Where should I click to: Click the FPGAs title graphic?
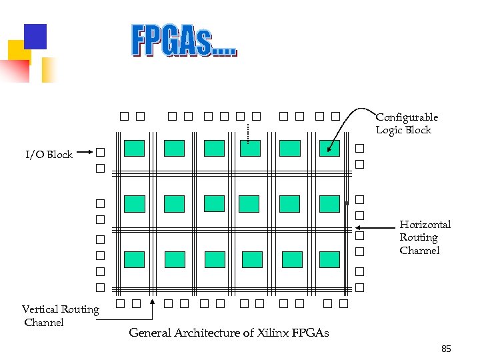[183, 41]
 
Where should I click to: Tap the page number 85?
[447, 349]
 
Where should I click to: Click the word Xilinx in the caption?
[271, 333]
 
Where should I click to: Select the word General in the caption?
[151, 333]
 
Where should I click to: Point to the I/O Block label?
[49, 155]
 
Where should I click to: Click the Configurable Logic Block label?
[406, 123]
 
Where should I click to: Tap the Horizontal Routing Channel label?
[425, 237]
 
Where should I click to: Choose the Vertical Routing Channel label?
[60, 315]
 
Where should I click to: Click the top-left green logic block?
[134, 148]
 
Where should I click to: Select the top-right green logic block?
[329, 148]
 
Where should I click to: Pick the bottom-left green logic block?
[134, 259]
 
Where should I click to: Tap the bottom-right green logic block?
[329, 259]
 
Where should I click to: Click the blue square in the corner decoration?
[35, 37]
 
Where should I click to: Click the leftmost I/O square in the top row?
[125, 117]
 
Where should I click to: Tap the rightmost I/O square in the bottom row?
[344, 305]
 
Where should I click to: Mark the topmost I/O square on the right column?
[360, 148]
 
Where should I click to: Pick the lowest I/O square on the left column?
[100, 288]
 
